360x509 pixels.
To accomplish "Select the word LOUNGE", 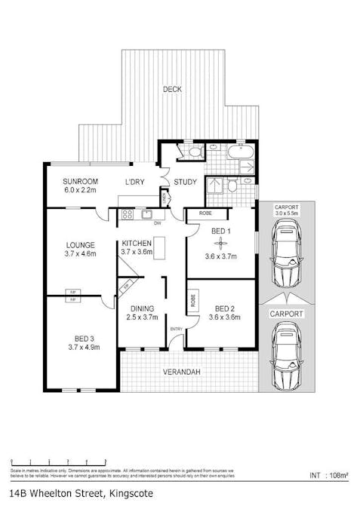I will (x=79, y=245).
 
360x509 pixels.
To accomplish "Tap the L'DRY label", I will (x=136, y=182).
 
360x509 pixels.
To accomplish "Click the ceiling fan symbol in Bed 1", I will (x=220, y=242).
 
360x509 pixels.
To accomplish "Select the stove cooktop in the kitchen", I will (x=128, y=214).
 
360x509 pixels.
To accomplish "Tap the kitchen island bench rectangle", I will (x=159, y=247).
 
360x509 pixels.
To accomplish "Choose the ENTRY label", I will (x=176, y=329).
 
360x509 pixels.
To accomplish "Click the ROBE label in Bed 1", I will (x=205, y=213).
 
